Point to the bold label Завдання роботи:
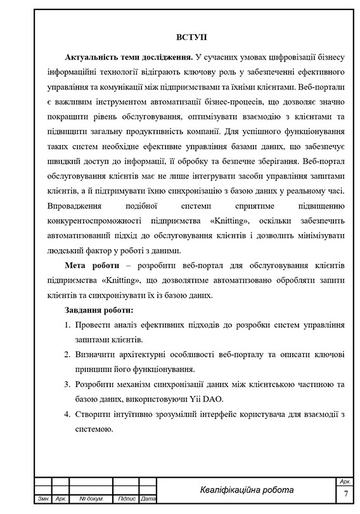coord(99,311)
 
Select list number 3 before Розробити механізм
coord(68,385)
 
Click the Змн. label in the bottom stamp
coord(44,499)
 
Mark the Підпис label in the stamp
coord(127,499)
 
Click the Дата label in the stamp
coord(148,499)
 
